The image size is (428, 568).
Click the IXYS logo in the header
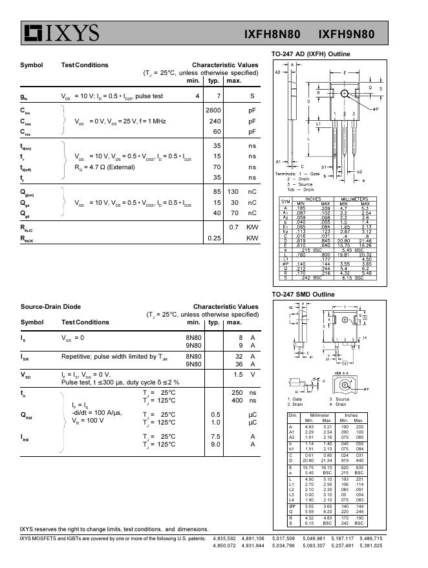pos(61,33)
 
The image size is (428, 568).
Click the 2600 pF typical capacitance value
pos(213,110)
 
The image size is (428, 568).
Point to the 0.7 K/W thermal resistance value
pos(234,227)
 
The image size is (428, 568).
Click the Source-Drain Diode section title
pos(51,307)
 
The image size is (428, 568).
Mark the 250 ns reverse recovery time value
pos(237,392)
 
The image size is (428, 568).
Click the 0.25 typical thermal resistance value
pos(214,238)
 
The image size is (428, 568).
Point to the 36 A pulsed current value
pos(238,364)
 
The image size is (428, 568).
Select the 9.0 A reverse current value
pos(215,444)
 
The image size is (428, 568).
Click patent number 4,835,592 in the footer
pos(225,538)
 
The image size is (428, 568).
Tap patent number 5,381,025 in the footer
pos(369,546)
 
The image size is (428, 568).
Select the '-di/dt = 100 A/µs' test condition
pos(98,412)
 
